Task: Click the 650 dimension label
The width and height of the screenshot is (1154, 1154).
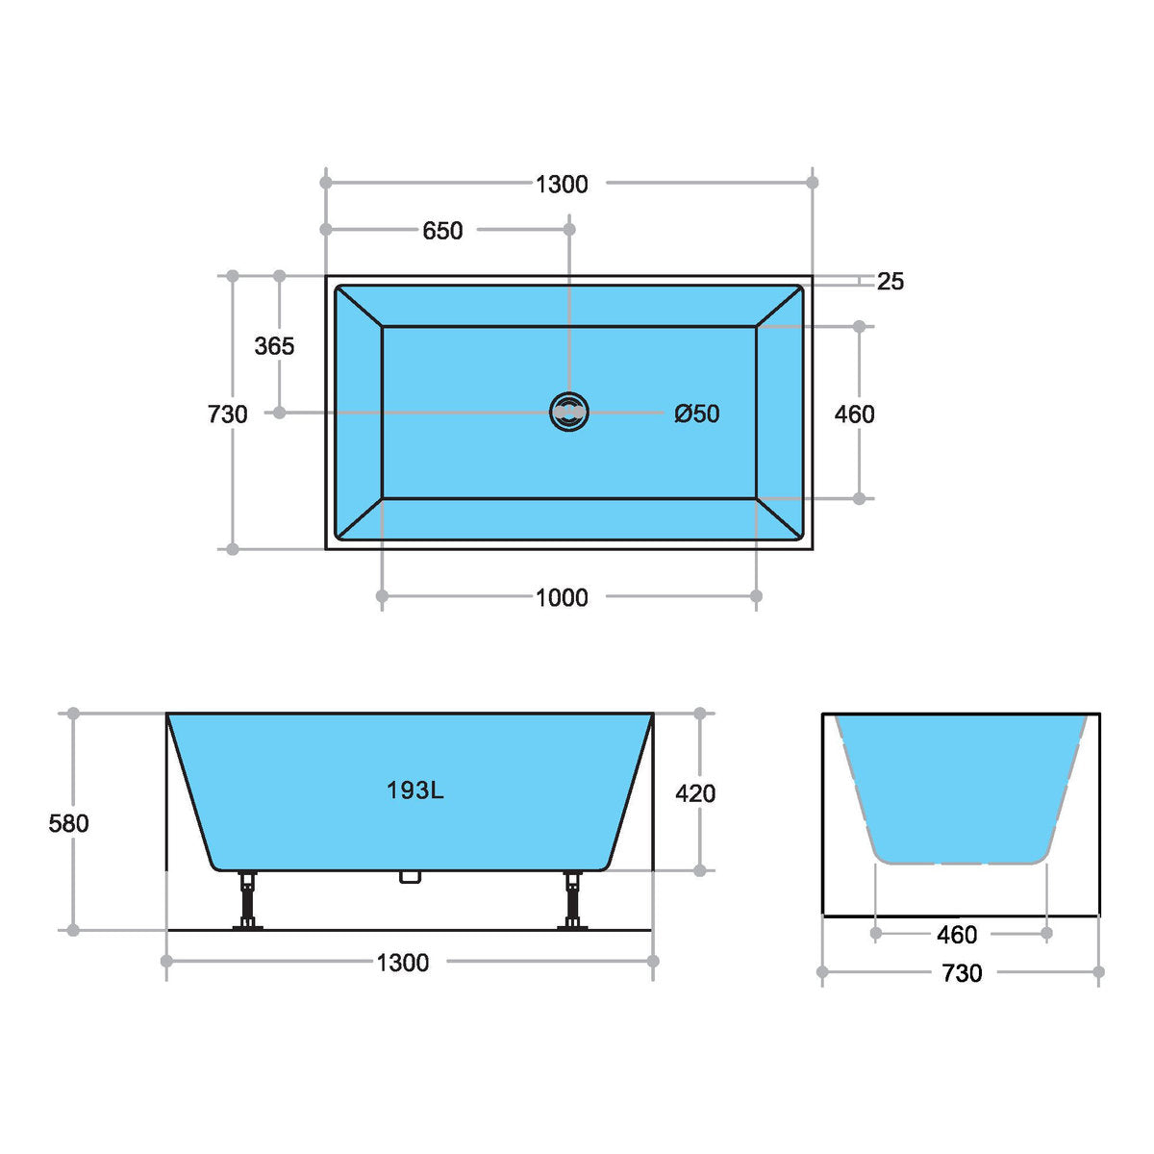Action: point(442,231)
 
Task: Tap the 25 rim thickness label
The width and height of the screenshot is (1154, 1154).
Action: point(891,282)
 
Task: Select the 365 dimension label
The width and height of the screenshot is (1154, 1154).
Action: point(274,346)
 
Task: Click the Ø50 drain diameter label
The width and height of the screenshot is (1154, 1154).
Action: point(697,414)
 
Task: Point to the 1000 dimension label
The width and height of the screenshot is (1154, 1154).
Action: point(562,598)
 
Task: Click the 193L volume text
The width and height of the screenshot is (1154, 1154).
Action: point(414,790)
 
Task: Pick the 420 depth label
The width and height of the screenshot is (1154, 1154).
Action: point(695,793)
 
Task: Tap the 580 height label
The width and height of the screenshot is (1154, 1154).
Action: point(68,823)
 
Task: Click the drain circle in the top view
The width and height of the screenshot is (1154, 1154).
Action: point(569,412)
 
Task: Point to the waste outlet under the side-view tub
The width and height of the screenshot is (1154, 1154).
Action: point(411,877)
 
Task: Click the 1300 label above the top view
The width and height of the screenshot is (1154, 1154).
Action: point(562,184)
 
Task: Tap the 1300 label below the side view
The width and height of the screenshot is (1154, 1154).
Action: point(403,963)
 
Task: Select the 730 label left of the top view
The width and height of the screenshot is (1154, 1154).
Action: point(228,414)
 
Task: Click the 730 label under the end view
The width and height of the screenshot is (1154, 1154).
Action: point(962,973)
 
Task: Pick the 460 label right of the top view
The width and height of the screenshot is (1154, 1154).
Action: point(854,414)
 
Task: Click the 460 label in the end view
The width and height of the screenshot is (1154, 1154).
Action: point(957,935)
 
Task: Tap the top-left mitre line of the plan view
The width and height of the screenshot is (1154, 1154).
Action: point(360,307)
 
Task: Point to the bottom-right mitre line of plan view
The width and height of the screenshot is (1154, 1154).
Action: point(779,518)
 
